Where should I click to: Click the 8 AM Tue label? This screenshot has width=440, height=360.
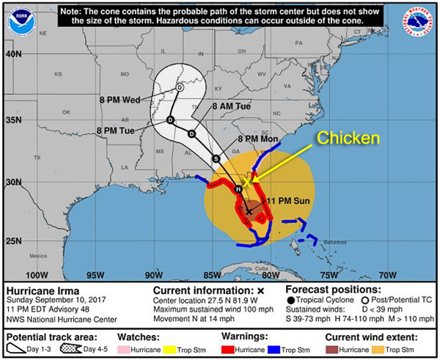click(231, 107)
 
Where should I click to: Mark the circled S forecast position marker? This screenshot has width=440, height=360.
click(216, 158)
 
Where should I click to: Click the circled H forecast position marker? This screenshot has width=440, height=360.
click(238, 189)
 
